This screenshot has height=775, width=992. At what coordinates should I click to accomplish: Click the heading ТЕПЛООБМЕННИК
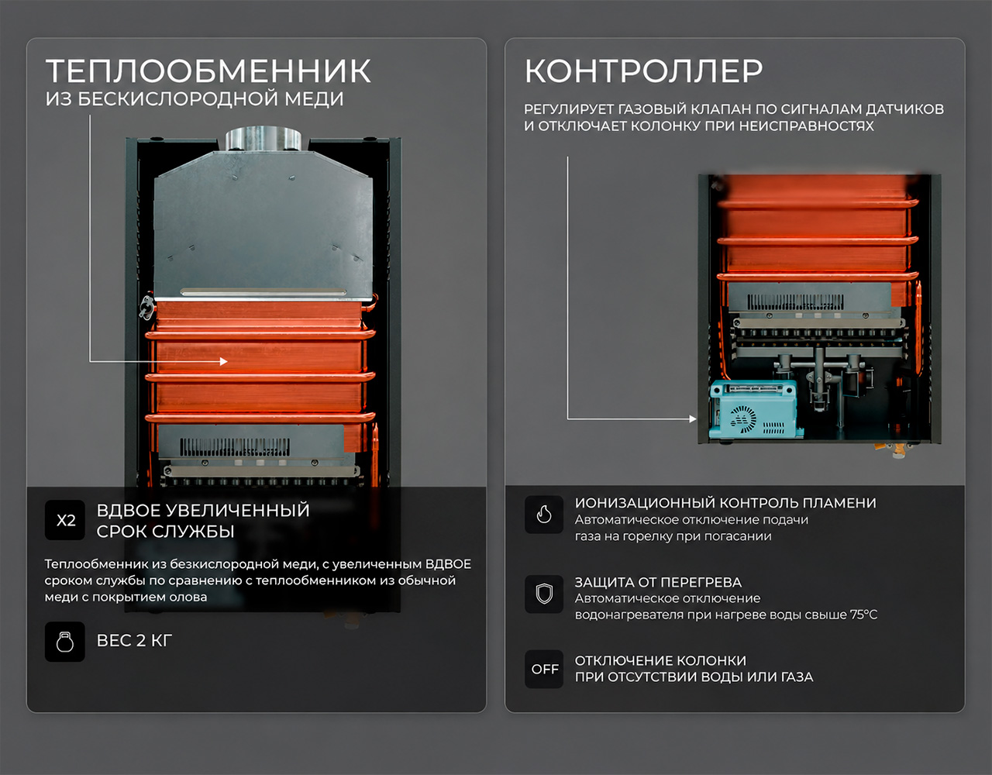point(208,71)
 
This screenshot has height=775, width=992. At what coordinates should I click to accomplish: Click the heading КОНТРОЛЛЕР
point(643,71)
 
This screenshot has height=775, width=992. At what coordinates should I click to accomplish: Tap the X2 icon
point(65,520)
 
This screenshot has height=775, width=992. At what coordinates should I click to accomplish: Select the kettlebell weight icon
point(65,642)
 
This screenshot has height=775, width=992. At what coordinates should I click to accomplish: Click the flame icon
point(544,515)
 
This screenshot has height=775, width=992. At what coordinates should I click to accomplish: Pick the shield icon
point(544,594)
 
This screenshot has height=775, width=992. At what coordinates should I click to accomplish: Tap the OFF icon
point(544,669)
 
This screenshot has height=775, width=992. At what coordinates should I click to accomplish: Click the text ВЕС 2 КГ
point(134,640)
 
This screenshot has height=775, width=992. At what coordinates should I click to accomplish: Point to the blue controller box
point(754,409)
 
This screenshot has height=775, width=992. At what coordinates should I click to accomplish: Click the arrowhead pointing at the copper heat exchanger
point(224,361)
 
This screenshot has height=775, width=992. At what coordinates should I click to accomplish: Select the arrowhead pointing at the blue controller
point(693,418)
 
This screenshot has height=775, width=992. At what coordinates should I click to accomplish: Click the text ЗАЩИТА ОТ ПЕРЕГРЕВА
point(658,582)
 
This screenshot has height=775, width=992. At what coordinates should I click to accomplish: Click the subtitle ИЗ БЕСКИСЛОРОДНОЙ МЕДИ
point(195,99)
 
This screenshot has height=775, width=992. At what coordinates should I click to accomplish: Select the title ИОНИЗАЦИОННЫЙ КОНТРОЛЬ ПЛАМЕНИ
point(725,503)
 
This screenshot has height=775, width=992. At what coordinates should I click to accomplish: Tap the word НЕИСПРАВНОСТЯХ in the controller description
point(806,126)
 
